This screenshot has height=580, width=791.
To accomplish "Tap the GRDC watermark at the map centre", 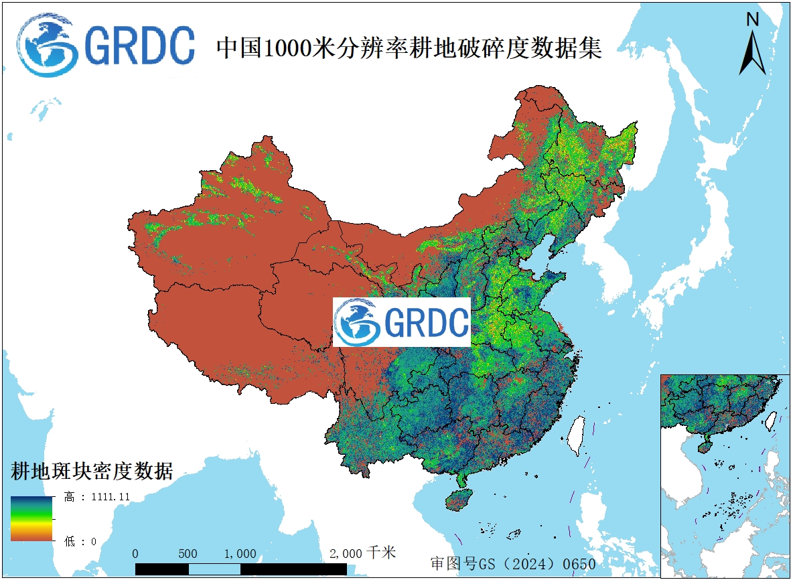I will point(402,322).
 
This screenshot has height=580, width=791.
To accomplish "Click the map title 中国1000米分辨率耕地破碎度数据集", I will point(409,48).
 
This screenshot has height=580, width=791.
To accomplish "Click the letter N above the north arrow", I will point(752,19).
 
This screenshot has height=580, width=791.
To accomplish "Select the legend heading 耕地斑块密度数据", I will point(92,471).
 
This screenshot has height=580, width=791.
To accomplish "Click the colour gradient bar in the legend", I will point(31,518).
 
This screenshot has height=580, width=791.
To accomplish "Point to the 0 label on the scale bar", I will point(136,554).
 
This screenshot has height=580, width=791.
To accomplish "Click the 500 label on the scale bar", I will point(188,554).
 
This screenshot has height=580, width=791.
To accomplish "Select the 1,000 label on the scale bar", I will point(240,554).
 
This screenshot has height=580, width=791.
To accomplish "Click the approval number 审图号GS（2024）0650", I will point(512,564).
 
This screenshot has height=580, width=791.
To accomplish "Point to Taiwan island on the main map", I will point(575,434).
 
